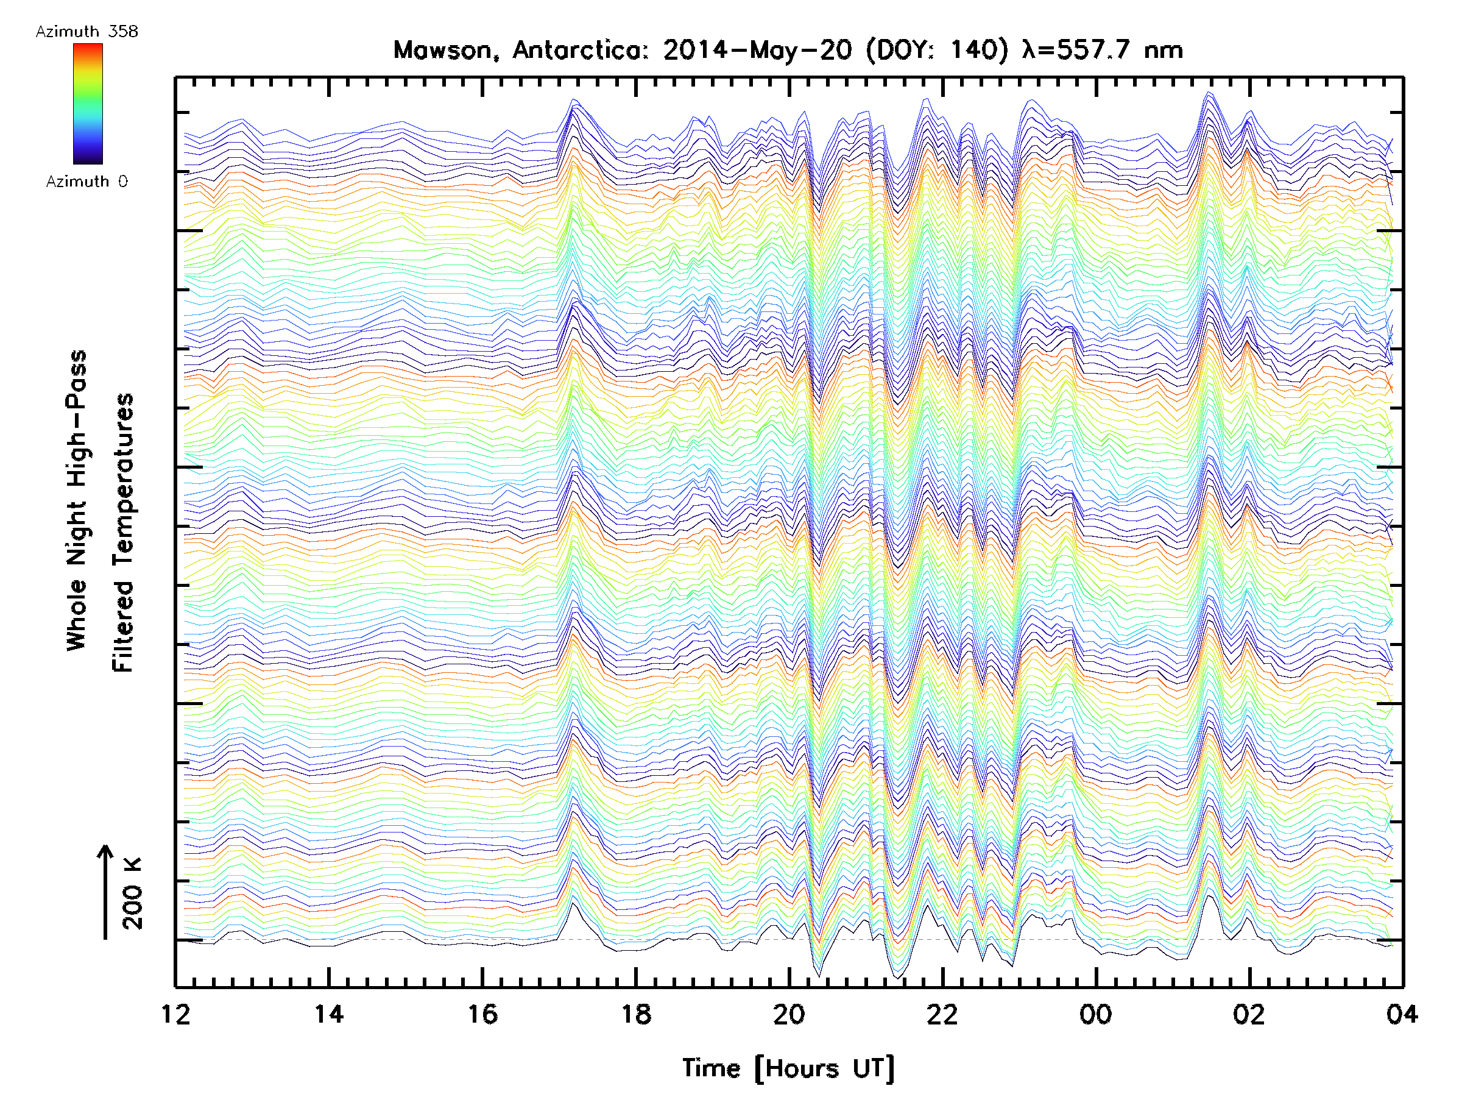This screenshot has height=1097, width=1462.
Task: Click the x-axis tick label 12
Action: (x=175, y=1014)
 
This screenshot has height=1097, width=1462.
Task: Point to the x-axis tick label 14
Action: (x=328, y=1014)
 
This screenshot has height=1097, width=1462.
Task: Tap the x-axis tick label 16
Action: (x=482, y=1014)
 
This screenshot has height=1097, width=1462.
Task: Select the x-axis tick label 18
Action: (x=636, y=1014)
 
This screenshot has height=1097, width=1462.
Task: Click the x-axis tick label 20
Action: (x=789, y=1014)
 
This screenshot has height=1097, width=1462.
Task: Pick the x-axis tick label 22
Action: (x=942, y=1014)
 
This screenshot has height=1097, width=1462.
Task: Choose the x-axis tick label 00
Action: (x=1096, y=1014)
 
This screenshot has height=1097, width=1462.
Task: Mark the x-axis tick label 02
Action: (x=1249, y=1014)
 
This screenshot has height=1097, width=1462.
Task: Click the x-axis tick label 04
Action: (x=1402, y=1014)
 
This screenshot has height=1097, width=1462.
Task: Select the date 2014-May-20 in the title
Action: (x=757, y=50)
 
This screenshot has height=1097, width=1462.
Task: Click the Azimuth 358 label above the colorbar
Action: (x=87, y=31)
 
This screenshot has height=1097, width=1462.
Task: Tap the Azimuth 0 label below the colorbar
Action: (x=87, y=181)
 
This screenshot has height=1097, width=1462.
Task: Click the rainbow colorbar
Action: (x=88, y=104)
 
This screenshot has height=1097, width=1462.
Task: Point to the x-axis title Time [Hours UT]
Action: (x=788, y=1068)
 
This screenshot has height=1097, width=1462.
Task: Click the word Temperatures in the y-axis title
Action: (x=123, y=532)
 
